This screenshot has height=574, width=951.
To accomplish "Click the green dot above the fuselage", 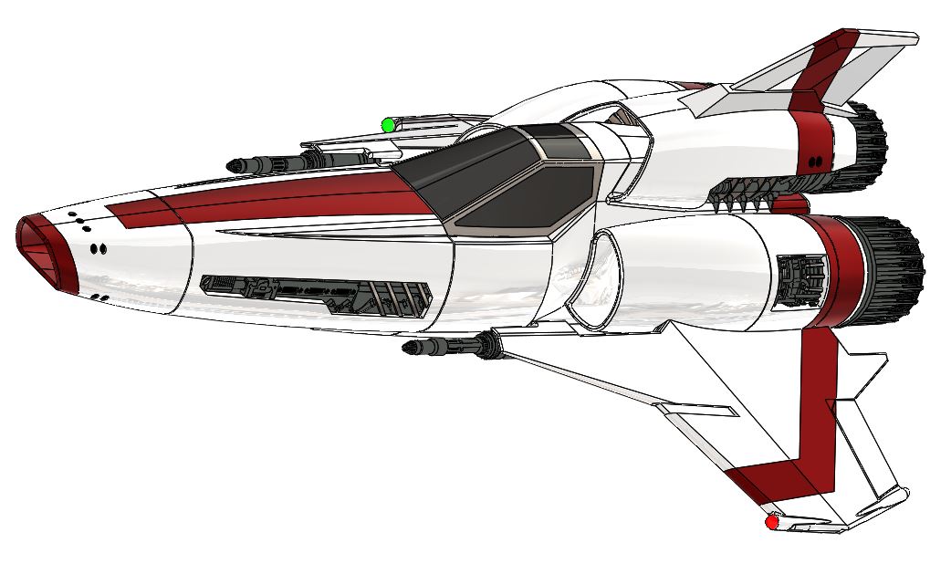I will (x=388, y=125).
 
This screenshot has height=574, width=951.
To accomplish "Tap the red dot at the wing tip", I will (x=772, y=522).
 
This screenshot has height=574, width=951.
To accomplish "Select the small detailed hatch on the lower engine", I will (x=801, y=278).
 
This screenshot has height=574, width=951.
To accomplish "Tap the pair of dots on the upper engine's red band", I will (x=814, y=162).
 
